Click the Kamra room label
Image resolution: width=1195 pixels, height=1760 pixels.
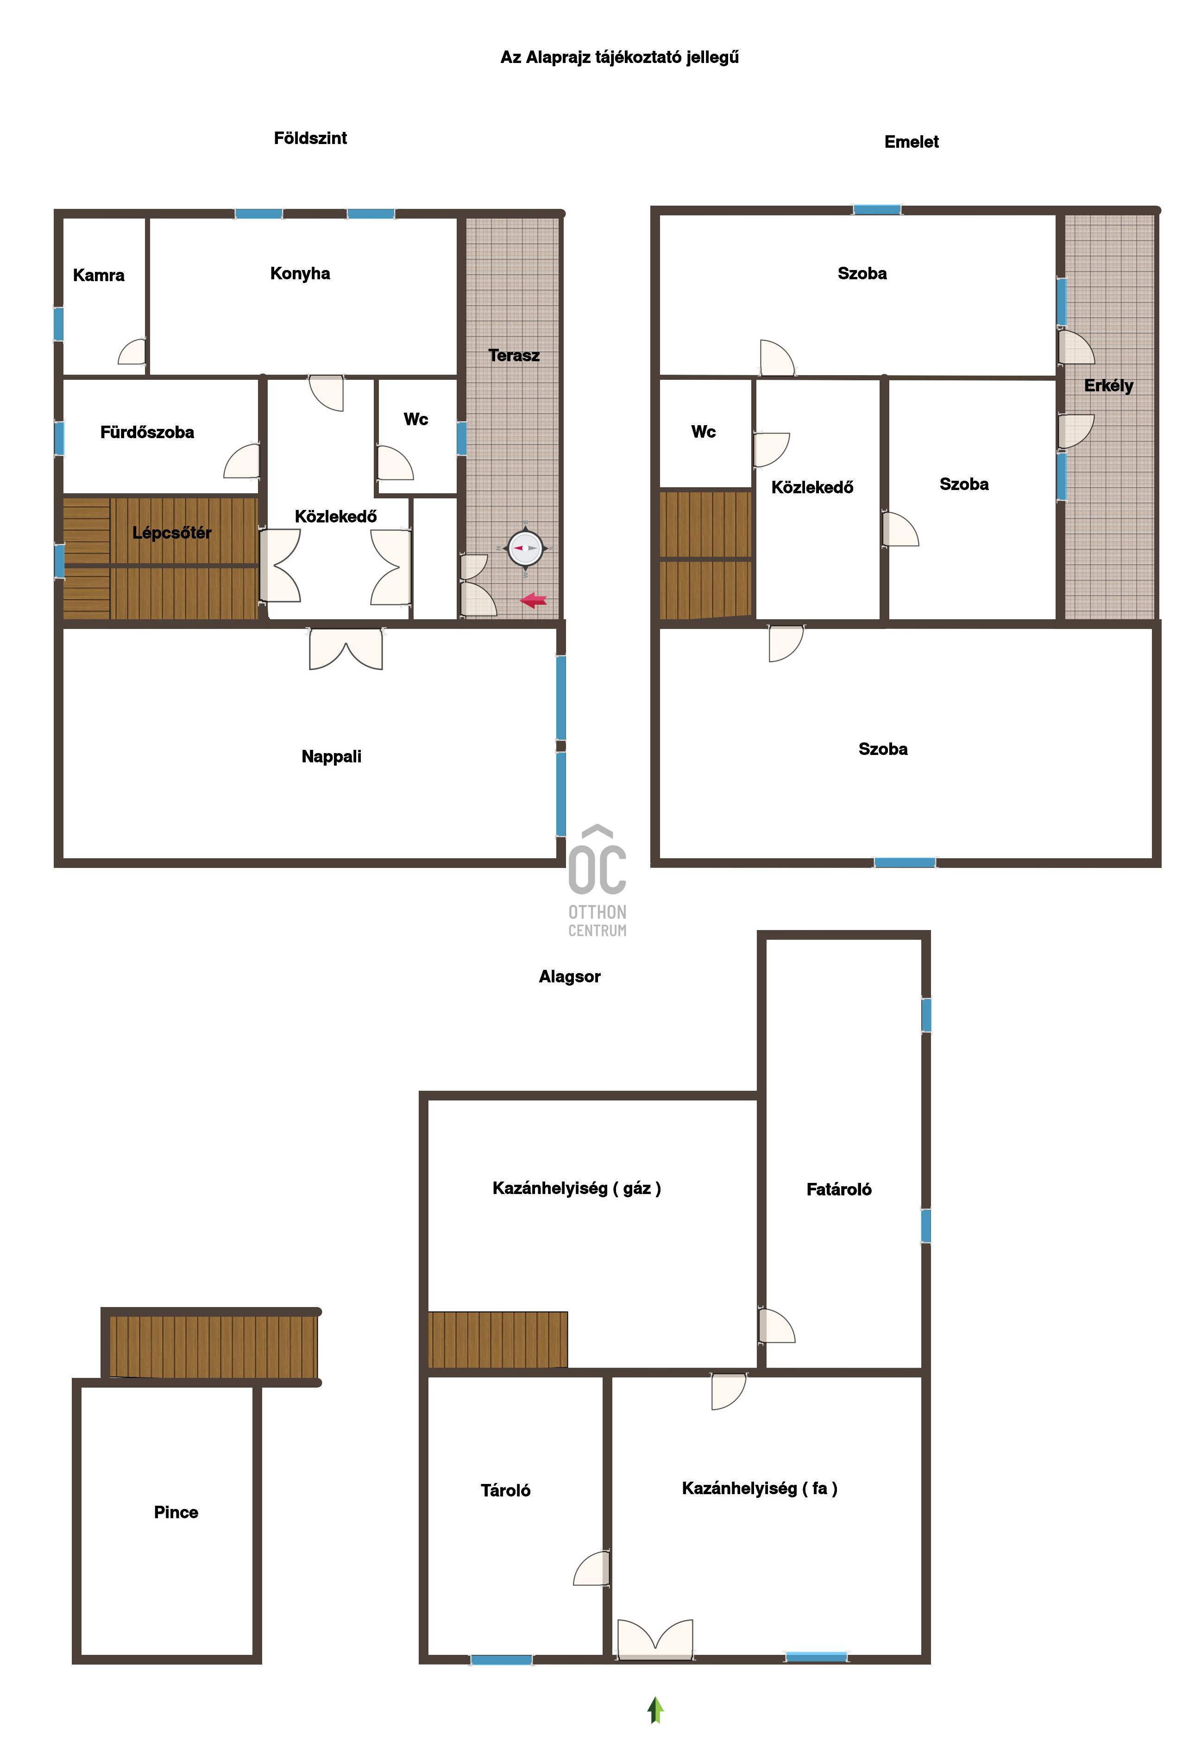coord(99,275)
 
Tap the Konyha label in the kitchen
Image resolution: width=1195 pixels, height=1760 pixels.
coord(300,273)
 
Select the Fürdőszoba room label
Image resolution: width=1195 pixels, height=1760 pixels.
coord(147,433)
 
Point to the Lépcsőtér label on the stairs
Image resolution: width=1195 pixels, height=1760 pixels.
coord(172,532)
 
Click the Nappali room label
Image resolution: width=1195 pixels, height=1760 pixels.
coord(331,756)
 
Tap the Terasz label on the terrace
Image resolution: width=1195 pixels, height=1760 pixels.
coord(514,355)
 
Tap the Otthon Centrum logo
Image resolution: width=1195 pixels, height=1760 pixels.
coord(597,881)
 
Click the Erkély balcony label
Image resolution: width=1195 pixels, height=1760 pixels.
coord(1108,385)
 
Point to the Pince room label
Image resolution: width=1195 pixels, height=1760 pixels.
coord(176,1512)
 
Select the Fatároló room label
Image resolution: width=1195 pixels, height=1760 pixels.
coord(838,1190)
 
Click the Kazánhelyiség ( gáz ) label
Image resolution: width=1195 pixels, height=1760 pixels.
coord(576,1188)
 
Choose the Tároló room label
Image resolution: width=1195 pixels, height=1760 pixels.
coord(505,1490)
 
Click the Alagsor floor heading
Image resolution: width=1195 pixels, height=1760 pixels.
coord(570,977)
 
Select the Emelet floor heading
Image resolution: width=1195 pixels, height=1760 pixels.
coord(911,142)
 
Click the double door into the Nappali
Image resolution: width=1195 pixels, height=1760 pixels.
coord(346,648)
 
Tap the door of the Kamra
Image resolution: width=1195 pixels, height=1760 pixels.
coord(132,352)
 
